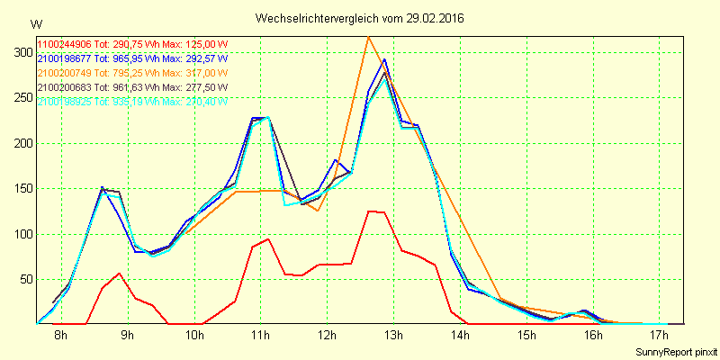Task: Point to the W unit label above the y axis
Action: tap(35, 23)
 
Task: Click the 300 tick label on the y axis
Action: tap(19, 52)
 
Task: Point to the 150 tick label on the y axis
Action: tap(19, 143)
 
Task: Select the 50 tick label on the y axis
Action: tap(22, 279)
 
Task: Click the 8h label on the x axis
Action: tap(60, 336)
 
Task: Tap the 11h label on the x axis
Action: tap(261, 336)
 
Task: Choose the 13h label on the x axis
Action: tap(393, 336)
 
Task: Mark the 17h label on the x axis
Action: tap(660, 336)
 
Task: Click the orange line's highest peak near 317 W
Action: tap(368, 37)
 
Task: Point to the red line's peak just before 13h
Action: tap(370, 211)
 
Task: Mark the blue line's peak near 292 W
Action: tap(384, 59)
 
